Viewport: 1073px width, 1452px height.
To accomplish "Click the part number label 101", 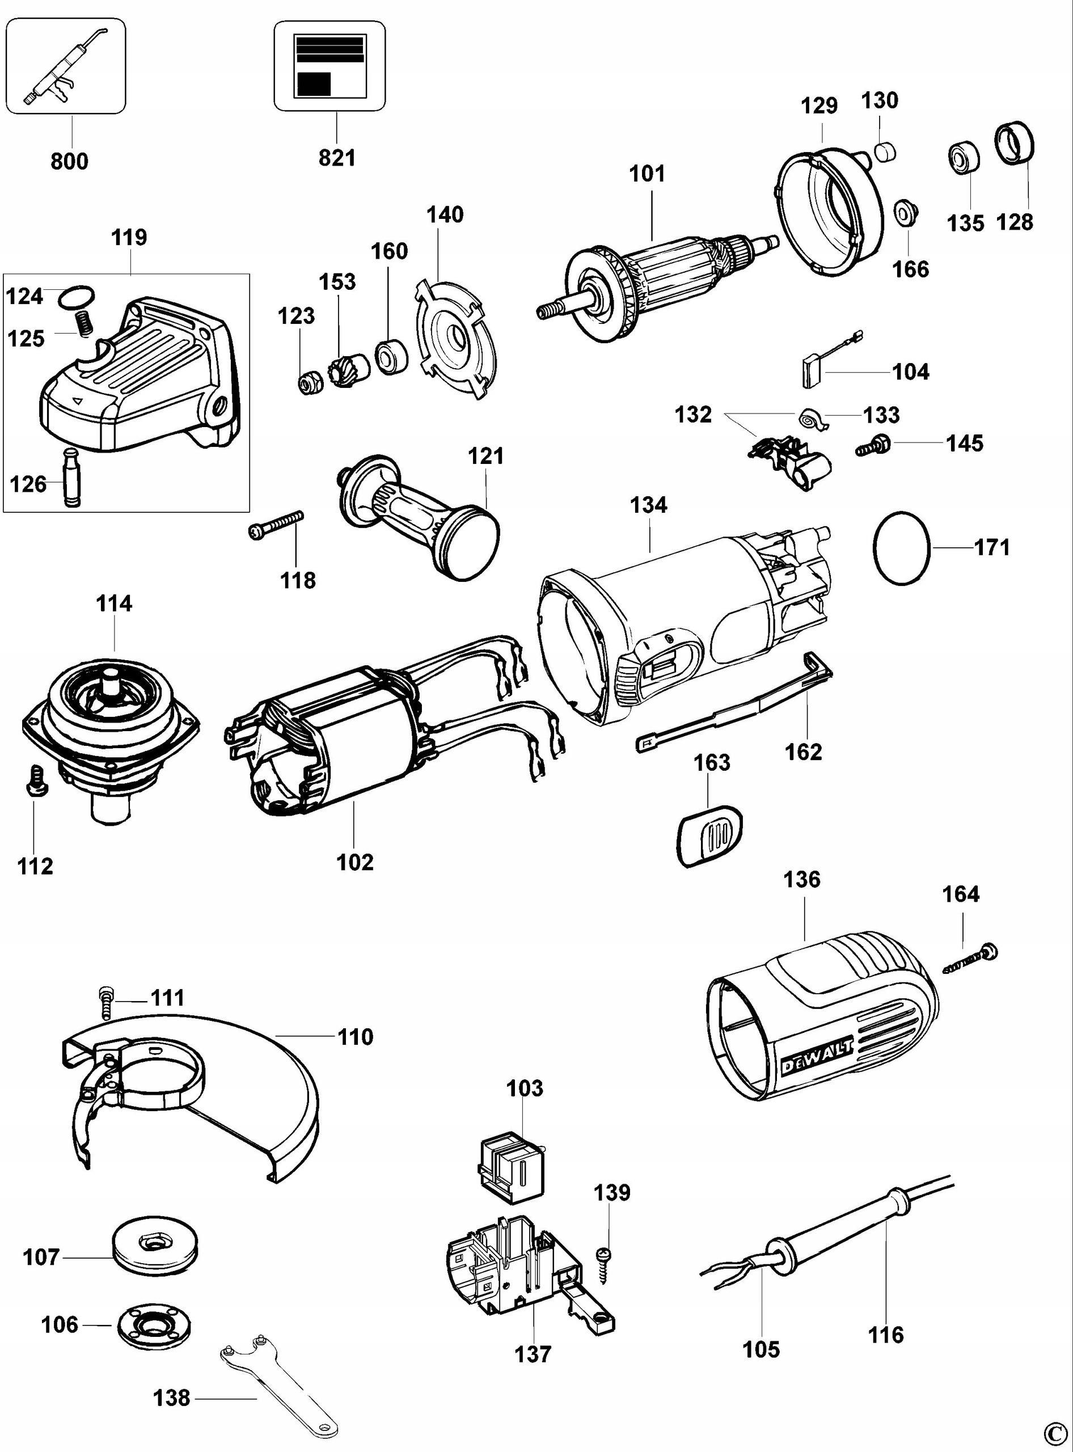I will point(647,174).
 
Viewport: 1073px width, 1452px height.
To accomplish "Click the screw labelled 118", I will point(276,524).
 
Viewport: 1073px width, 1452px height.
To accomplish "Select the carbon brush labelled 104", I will point(810,370).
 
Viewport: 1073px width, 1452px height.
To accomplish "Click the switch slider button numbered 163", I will point(711,835).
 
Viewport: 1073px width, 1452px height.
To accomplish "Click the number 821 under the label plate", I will point(337,158).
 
